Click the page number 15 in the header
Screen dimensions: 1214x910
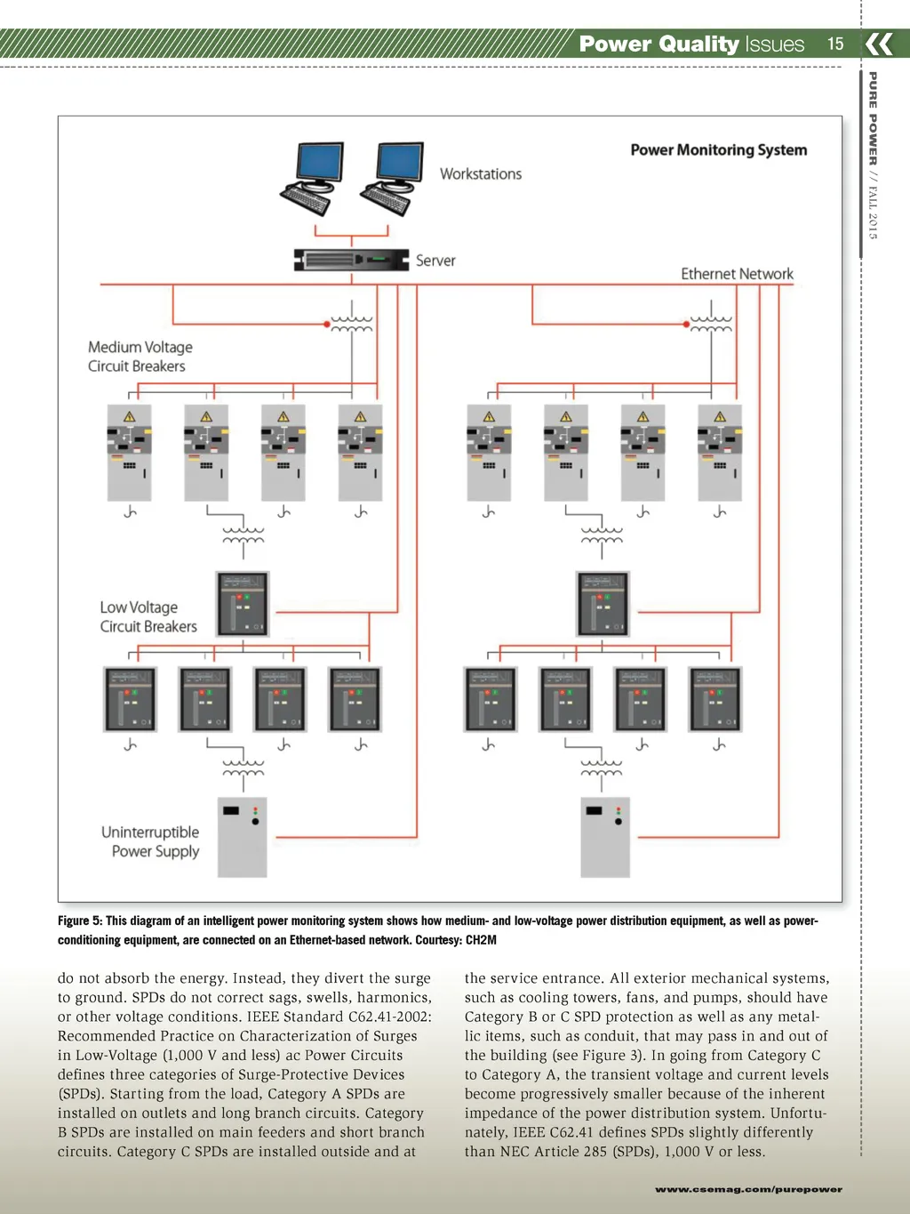(x=835, y=44)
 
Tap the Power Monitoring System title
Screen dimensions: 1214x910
(x=718, y=150)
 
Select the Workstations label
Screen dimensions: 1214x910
(x=481, y=174)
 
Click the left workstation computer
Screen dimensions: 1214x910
(x=313, y=178)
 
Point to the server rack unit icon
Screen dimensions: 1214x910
(x=351, y=260)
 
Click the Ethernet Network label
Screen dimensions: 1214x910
(x=737, y=274)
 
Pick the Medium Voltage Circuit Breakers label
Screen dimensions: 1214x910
(x=140, y=357)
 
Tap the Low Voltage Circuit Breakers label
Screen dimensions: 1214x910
(x=148, y=616)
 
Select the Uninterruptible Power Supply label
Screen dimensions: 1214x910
(x=150, y=841)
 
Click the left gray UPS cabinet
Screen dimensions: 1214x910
(x=243, y=837)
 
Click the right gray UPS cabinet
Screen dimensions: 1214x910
(x=605, y=837)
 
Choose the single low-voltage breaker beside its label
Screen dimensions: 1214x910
(x=243, y=604)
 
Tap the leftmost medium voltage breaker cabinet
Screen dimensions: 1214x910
(x=130, y=453)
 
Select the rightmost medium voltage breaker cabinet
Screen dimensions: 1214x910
(x=720, y=453)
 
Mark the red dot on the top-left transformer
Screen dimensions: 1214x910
(x=327, y=325)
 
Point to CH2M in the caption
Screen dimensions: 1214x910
(x=481, y=940)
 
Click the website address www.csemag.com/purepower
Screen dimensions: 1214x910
(x=748, y=1189)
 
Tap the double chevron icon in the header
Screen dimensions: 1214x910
(x=879, y=44)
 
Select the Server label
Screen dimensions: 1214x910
(x=435, y=261)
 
